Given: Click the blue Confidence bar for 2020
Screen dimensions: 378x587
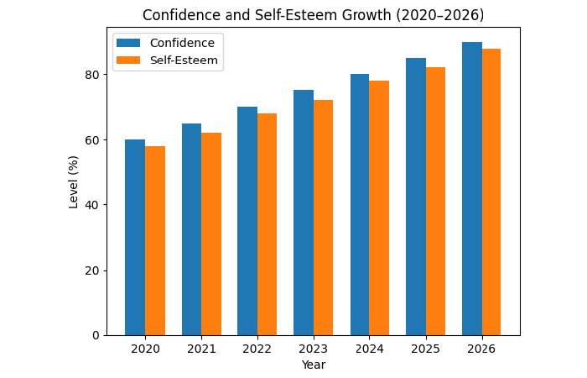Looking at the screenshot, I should click(x=135, y=238).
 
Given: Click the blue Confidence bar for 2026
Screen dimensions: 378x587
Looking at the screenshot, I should click(x=472, y=189).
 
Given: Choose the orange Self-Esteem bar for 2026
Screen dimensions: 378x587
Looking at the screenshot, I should click(x=491, y=192).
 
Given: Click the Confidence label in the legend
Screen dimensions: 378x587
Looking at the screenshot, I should click(x=182, y=43).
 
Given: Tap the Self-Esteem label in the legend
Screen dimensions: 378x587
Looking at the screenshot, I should click(x=184, y=60).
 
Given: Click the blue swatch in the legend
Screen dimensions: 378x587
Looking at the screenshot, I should click(x=129, y=43).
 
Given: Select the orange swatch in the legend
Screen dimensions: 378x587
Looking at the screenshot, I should click(x=129, y=60).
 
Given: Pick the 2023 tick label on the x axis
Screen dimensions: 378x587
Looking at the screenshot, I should click(x=314, y=349).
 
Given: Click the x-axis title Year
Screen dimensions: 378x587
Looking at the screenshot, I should click(x=314, y=365).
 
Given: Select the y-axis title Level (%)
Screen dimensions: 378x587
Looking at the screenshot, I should click(x=74, y=181).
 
